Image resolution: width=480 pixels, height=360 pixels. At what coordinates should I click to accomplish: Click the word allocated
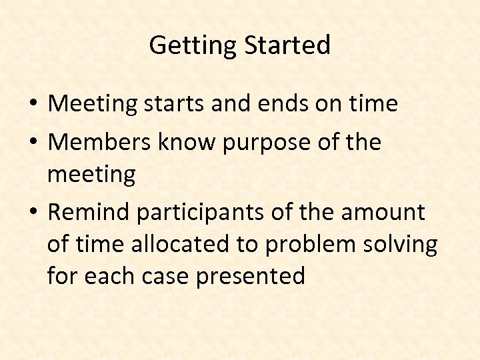coord(183,245)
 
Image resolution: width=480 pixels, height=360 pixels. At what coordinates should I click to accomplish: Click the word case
coord(167,276)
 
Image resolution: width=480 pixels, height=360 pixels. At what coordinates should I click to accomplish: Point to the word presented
coord(250,276)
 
